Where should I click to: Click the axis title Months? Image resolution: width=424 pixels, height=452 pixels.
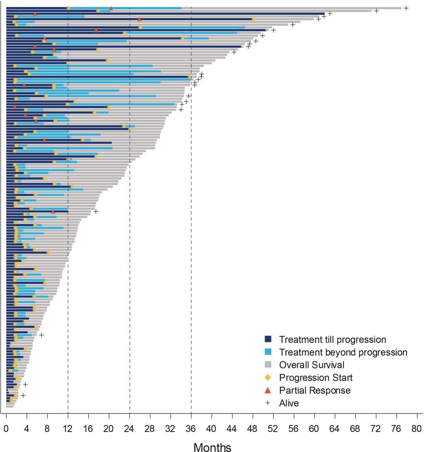click(212, 447)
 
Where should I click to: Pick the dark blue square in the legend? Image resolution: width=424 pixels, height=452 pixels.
click(268, 339)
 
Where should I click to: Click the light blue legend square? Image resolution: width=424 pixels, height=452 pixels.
click(268, 352)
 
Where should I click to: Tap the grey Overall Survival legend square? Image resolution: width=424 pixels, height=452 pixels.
click(268, 365)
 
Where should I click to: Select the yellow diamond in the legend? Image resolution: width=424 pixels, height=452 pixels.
click(268, 377)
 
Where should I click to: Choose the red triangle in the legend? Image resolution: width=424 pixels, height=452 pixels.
click(268, 390)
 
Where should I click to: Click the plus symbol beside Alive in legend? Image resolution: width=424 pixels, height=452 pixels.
click(268, 403)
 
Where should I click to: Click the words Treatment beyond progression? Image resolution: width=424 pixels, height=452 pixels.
click(343, 352)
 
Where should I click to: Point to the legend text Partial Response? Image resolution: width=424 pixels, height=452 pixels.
click(315, 391)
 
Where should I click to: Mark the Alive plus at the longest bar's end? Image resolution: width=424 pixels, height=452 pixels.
click(406, 8)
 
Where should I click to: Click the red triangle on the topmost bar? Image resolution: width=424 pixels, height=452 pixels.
click(111, 8)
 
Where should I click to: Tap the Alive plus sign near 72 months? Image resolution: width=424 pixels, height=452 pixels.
click(376, 11)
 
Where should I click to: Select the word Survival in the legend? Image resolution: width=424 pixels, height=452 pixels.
click(328, 365)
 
